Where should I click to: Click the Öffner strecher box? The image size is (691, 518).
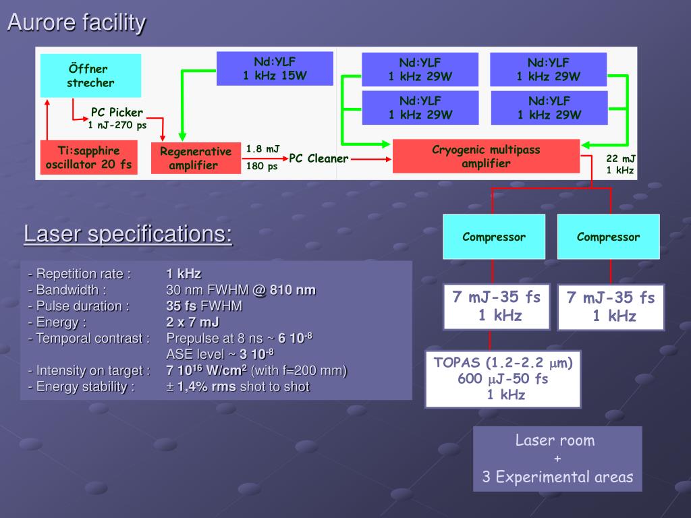[x=90, y=76]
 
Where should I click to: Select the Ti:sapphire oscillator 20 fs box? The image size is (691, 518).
[x=88, y=157]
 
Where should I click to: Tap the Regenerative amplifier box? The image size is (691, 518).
[x=196, y=159]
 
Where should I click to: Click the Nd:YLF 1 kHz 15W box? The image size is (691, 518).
[x=275, y=69]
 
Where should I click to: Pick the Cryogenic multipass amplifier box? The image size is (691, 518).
[x=486, y=156]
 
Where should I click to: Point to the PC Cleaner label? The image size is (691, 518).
[x=319, y=159]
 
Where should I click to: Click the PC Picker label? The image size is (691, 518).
[x=117, y=113]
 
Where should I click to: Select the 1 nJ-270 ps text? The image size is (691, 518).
[x=117, y=125]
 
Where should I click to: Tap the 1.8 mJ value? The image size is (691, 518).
[x=262, y=148]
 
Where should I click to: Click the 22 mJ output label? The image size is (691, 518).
[x=620, y=159]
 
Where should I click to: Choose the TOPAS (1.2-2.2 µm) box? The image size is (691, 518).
[x=503, y=378]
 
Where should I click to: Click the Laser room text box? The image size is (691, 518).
[x=557, y=459]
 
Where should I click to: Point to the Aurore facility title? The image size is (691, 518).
[x=76, y=23]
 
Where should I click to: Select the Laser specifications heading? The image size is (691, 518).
[x=128, y=235]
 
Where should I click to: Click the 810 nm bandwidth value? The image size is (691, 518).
[x=292, y=290]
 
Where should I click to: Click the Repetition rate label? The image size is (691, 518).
[x=80, y=274]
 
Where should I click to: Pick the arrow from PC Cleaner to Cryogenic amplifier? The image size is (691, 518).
[x=370, y=159]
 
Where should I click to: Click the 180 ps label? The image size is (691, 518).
[x=262, y=167]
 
